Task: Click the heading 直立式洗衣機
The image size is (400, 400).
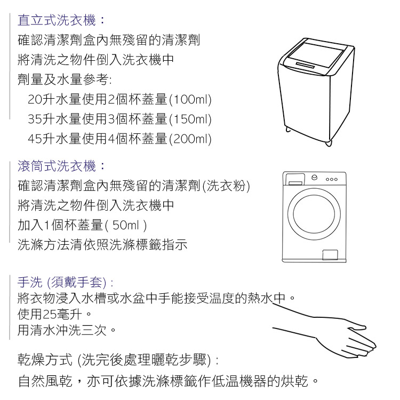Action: coord(57,20)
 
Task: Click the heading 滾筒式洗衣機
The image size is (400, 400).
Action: coord(57,166)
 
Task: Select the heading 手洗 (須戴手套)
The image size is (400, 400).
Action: coord(62,282)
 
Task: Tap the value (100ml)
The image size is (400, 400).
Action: coord(190,100)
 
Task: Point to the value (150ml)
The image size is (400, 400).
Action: coord(190,119)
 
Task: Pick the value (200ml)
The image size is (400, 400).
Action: coord(190,139)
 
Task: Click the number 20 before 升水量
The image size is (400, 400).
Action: coord(35,100)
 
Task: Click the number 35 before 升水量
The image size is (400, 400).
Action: coord(35,119)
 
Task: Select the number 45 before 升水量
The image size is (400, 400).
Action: coord(35,139)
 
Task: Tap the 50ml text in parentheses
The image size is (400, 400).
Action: coord(125,225)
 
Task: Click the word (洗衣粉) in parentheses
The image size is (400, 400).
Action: coord(226,186)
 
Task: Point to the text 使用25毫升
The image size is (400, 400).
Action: coord(50,314)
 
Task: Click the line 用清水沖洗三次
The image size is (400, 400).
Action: coord(62,330)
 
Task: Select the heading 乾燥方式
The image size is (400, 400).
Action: coord(45,359)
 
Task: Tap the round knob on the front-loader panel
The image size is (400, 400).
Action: coord(315,178)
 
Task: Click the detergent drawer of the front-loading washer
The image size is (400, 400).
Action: coord(295,179)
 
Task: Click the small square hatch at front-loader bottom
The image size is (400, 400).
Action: coord(330,254)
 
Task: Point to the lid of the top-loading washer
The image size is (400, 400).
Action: coord(316,58)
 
